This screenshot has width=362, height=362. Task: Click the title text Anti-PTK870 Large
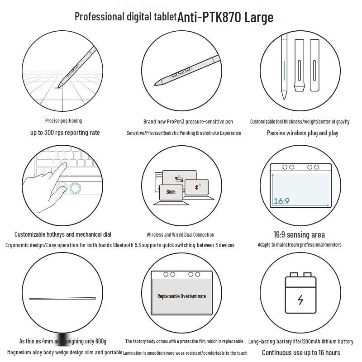pyautogui.click(x=225, y=17)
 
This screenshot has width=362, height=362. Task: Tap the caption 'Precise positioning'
pyautogui.click(x=63, y=121)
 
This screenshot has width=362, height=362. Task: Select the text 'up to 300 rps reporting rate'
pyautogui.click(x=65, y=133)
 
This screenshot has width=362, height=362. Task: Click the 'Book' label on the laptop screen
pyautogui.click(x=171, y=192)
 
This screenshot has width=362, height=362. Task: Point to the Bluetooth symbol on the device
pyautogui.click(x=196, y=187)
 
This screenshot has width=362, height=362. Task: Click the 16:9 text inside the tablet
pyautogui.click(x=281, y=200)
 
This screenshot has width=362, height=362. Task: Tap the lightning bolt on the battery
pyautogui.click(x=300, y=300)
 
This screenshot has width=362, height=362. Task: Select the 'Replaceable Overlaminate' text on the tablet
pyautogui.click(x=181, y=296)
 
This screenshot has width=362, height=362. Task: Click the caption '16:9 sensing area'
pyautogui.click(x=299, y=234)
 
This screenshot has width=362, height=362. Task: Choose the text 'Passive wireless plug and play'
pyautogui.click(x=302, y=133)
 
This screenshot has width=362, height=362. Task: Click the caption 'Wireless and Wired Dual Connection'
pyautogui.click(x=180, y=234)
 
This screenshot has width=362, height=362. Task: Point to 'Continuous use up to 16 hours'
pyautogui.click(x=301, y=352)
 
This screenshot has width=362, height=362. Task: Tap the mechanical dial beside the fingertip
pyautogui.click(x=75, y=188)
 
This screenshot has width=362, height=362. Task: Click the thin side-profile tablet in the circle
pyautogui.click(x=62, y=298)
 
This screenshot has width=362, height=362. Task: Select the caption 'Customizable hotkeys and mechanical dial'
pyautogui.click(x=62, y=234)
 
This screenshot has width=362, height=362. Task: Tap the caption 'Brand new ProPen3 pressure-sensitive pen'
pyautogui.click(x=188, y=121)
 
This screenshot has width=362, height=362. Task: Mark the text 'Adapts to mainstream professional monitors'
pyautogui.click(x=300, y=245)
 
